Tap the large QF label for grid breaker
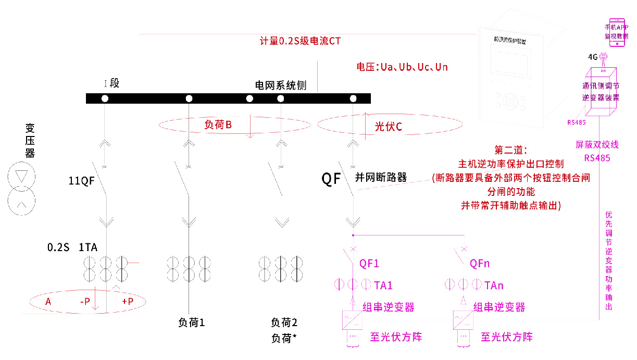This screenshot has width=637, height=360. point(331,179)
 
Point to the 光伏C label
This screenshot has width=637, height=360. point(389,126)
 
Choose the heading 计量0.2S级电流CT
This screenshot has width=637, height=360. point(300,41)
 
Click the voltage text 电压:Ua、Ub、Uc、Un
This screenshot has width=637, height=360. point(402,67)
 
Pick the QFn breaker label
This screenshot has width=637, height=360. point(480,263)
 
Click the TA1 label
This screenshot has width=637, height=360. point(383,285)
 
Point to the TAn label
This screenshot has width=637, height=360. point(494,285)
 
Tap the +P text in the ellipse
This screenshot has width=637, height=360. point(128,302)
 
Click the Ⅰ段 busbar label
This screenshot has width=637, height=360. point(111,83)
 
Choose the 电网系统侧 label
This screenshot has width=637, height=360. point(280,85)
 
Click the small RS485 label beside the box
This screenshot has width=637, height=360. point(576,123)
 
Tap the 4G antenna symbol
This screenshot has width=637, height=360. point(603,57)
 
